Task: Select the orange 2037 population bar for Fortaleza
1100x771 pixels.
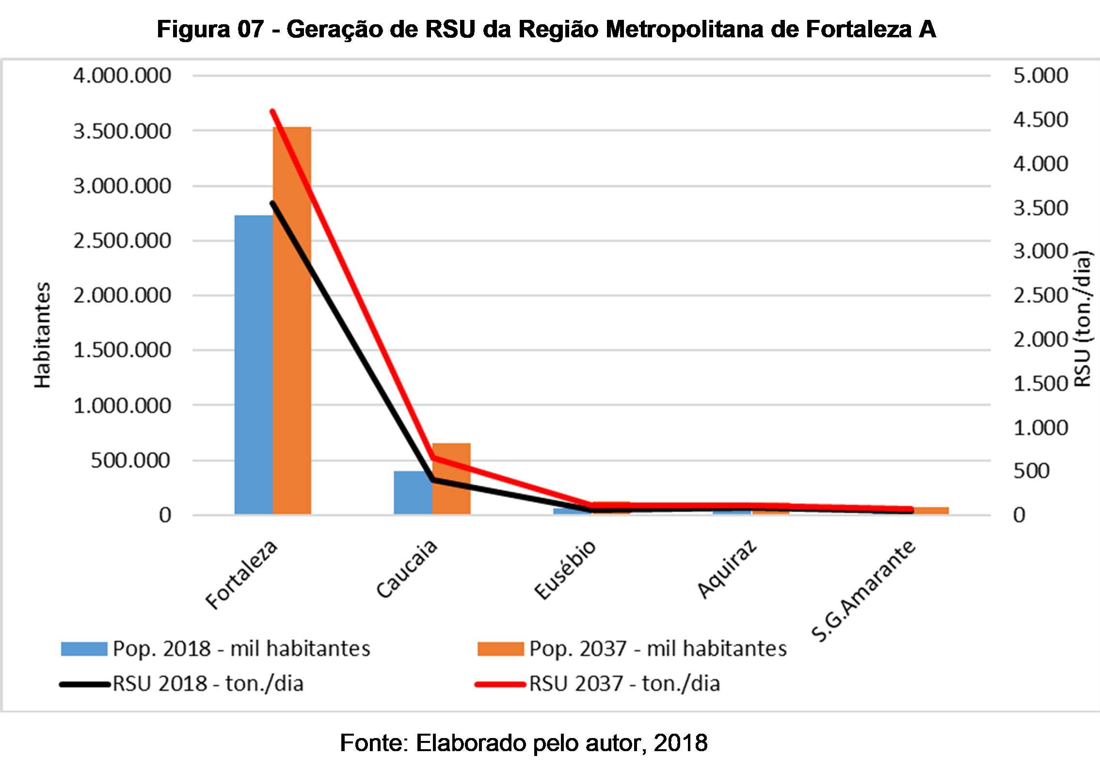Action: click(x=292, y=320)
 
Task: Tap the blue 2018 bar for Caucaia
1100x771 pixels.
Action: click(x=413, y=492)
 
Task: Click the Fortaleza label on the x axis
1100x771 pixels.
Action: click(x=241, y=574)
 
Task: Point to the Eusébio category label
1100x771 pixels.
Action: click(x=565, y=570)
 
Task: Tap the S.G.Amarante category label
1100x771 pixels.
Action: click(x=863, y=591)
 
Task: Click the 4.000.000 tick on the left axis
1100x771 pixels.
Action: click(x=122, y=76)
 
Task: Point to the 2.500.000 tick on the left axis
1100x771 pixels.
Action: click(x=122, y=241)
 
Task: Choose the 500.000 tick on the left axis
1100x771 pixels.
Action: click(x=131, y=460)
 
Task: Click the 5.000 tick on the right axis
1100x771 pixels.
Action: click(x=1040, y=76)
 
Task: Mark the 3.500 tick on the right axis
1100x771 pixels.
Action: click(x=1040, y=208)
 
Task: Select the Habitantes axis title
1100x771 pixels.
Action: click(x=43, y=335)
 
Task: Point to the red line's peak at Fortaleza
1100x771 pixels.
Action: click(x=272, y=112)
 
